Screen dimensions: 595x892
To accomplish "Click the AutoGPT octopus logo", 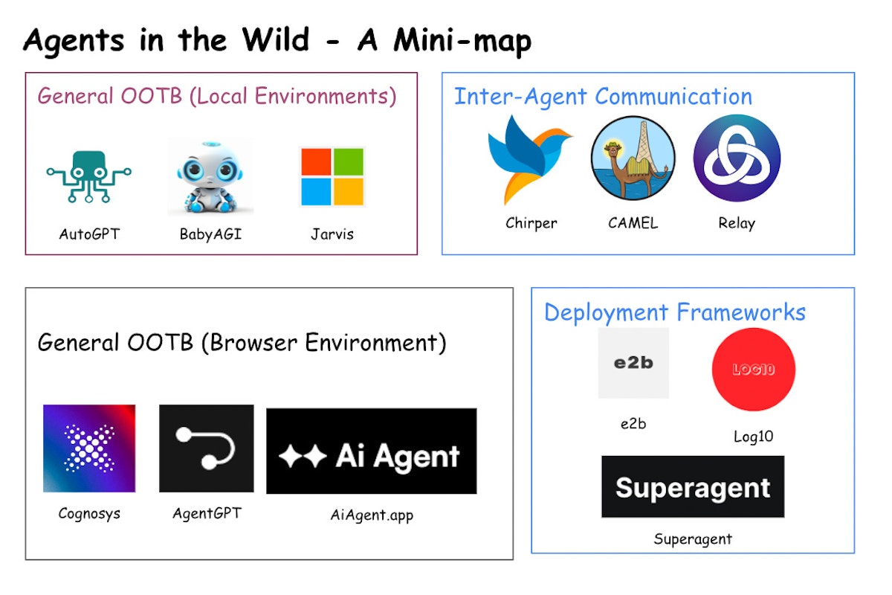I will [89, 176].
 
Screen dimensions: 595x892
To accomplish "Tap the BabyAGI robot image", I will [210, 176].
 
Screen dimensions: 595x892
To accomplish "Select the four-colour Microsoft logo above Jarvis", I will [332, 176].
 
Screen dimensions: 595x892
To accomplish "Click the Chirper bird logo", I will [529, 158].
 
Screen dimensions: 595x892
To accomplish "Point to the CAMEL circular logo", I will [633, 158].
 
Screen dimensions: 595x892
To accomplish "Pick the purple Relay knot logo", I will [737, 158].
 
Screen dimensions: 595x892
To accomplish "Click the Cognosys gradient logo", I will [89, 448].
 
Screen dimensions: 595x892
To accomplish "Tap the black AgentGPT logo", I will [206, 448].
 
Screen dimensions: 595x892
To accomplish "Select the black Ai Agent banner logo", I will [371, 451].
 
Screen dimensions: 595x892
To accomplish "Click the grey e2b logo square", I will [633, 363].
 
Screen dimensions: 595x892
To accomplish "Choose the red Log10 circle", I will [753, 370].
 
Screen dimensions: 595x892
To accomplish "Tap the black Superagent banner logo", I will [692, 487].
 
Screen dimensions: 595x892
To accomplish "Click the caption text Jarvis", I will [332, 234].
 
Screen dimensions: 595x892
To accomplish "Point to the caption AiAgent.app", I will [372, 515].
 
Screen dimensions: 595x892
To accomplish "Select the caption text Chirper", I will [531, 222].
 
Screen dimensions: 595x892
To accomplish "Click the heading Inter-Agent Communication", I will [603, 97].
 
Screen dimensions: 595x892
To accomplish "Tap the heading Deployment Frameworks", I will [674, 312].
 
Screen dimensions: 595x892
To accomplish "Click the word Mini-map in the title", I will [462, 42].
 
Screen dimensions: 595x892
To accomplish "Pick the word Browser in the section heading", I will [261, 343].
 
